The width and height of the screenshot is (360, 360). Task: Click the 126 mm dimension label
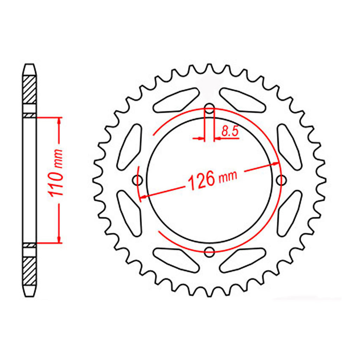click(212, 180)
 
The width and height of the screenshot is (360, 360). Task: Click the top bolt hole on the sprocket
click(209, 108)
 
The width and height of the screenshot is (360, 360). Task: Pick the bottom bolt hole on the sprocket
click(209, 252)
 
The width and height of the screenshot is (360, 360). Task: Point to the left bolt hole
click(138, 180)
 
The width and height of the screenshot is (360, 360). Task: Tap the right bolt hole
click(281, 180)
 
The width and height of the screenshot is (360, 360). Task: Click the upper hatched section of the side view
click(30, 89)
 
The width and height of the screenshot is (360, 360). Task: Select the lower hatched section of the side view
click(30, 271)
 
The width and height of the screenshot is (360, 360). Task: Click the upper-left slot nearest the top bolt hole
click(176, 100)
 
